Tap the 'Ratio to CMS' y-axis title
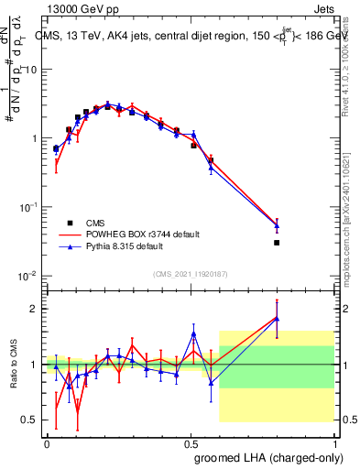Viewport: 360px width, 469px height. click(13, 365)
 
